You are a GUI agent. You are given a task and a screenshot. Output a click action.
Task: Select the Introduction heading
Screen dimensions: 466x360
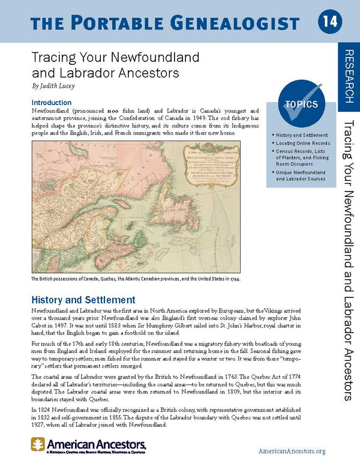pyautogui.click(x=52, y=103)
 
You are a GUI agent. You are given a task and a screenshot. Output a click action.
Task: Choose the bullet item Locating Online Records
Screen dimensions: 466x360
pyautogui.click(x=303, y=144)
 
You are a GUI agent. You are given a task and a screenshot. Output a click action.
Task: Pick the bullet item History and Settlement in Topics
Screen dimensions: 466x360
pyautogui.click(x=302, y=135)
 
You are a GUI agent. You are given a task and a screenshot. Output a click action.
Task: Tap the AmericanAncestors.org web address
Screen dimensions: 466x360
pyautogui.click(x=292, y=450)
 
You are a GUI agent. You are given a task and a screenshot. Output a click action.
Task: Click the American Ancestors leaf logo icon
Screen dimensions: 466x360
pyautogui.click(x=38, y=445)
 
